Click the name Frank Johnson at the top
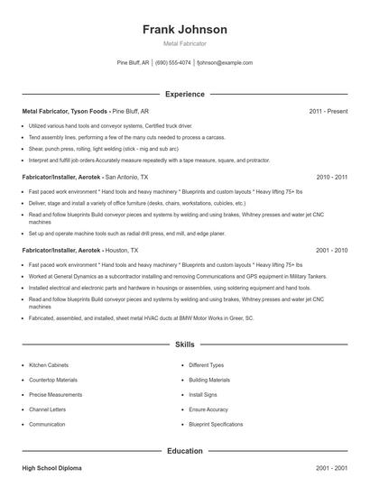click(184, 29)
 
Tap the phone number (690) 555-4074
click(173, 63)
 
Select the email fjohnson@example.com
click(226, 63)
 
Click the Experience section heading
click(184, 94)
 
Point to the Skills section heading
click(184, 345)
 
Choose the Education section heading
click(184, 450)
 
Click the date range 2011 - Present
click(328, 111)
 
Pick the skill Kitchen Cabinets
click(49, 365)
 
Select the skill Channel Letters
click(47, 409)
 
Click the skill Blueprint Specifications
click(217, 424)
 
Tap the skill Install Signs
click(201, 395)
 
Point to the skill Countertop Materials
click(52, 380)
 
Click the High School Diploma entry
click(52, 469)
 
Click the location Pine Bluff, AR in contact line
click(134, 63)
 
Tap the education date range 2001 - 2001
click(330, 469)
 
